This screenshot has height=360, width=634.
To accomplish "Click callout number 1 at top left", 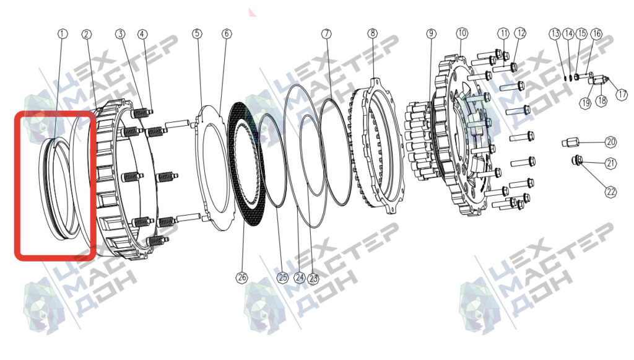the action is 63,33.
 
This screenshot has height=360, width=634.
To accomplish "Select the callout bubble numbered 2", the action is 87,34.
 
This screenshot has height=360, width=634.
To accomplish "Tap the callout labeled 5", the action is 197,33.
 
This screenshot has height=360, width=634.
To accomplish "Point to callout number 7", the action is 327,33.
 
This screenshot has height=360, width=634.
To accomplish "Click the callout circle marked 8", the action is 372,33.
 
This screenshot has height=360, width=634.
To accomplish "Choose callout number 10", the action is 461,33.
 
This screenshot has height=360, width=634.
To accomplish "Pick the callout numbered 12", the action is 520,33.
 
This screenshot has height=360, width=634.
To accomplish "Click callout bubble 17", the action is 622,94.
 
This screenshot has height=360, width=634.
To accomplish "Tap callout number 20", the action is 611,142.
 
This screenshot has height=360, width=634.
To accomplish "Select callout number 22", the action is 610,191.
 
